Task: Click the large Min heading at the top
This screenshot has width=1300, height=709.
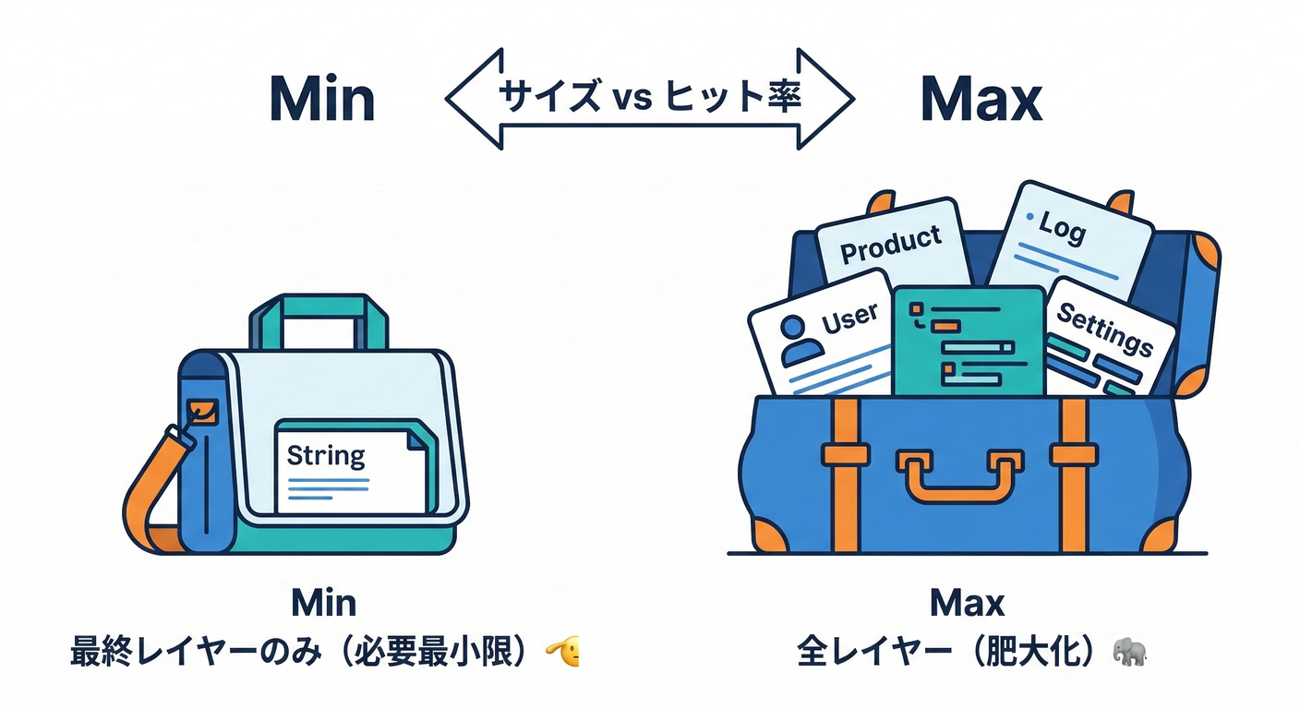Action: pos(322,100)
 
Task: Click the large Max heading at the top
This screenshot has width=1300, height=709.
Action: pos(981,100)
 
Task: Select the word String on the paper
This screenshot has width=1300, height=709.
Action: pos(326,455)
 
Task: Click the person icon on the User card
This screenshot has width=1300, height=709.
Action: pos(800,340)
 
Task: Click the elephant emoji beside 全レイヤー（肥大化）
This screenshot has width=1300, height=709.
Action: pos(1129,652)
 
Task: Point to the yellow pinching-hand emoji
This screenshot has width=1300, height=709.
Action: pos(564,653)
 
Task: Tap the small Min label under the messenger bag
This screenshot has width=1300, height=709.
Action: pos(323,603)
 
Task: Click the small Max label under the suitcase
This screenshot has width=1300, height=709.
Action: pos(967,604)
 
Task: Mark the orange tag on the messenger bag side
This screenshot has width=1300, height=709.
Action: pos(202,412)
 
